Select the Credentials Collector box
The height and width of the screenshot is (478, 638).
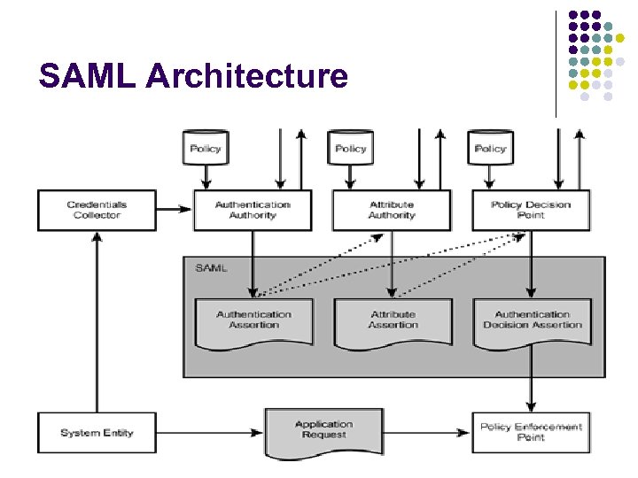[x=97, y=211]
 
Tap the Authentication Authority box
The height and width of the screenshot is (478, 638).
[x=253, y=211]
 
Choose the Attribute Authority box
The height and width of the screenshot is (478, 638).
[x=391, y=211]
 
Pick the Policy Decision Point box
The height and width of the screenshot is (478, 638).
[x=530, y=211]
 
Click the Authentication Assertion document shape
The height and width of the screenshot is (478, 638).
[x=253, y=320]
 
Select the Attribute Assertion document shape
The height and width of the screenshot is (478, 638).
[x=393, y=320]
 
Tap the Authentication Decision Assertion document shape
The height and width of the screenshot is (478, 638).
[x=532, y=320]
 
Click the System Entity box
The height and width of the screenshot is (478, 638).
[x=97, y=433]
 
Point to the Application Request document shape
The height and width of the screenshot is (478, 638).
[x=323, y=432]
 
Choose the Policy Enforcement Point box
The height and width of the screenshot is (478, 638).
[x=530, y=432]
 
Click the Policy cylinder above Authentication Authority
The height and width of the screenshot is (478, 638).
[x=206, y=147]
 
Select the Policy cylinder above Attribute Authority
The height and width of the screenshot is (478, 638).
[x=351, y=147]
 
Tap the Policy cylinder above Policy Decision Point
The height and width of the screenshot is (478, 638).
[x=490, y=147]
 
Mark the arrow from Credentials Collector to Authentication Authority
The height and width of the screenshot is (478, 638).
[x=175, y=211]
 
